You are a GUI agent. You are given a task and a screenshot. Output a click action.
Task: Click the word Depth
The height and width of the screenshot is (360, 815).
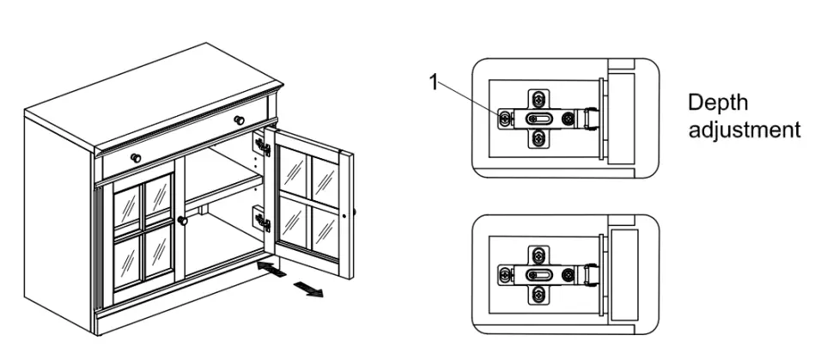tap(717, 102)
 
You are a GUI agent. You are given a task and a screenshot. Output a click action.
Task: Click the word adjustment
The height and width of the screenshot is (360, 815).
tap(743, 130)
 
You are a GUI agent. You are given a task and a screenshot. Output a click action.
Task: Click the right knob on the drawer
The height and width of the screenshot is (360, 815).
tap(240, 116)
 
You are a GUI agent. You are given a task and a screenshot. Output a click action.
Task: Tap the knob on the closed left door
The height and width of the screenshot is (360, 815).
tap(182, 221)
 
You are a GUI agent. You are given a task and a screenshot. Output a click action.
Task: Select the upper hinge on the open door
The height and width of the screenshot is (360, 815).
tap(263, 147)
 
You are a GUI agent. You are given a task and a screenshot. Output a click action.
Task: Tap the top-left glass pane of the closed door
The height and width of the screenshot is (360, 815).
tap(126, 206)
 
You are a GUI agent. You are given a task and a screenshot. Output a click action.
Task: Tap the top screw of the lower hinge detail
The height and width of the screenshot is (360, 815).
tap(538, 255)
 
